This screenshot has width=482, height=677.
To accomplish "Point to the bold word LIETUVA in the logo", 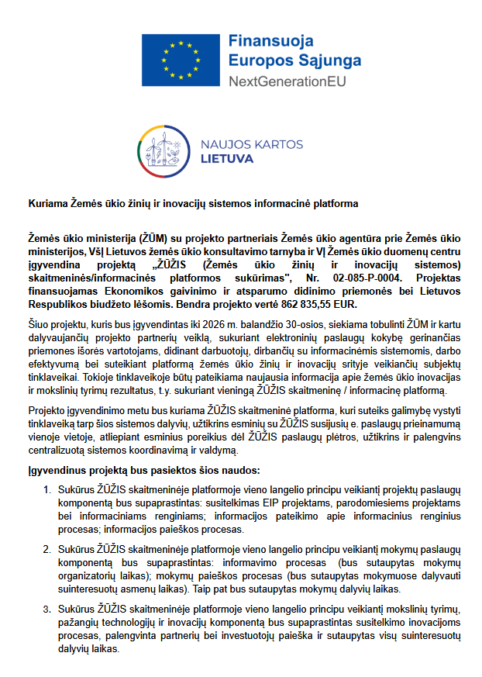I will (x=227, y=159).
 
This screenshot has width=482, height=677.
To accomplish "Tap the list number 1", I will (x=47, y=489).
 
